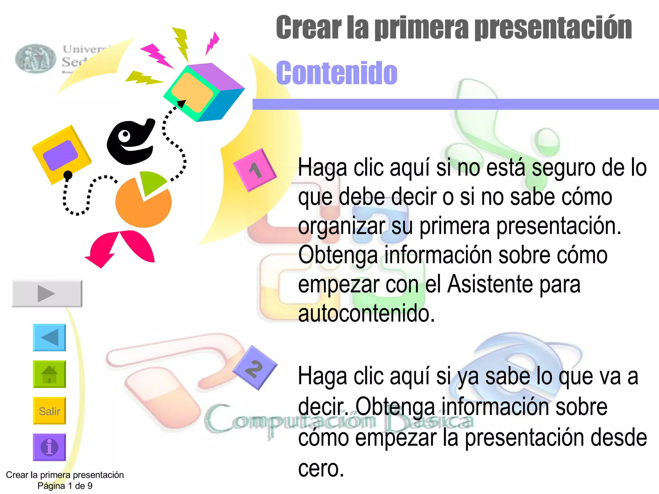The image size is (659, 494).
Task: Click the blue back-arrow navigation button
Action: [49, 337]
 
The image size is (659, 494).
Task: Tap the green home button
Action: [49, 374]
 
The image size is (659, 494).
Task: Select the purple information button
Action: [49, 447]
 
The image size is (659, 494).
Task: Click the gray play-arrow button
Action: [47, 293]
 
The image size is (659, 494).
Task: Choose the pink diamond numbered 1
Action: [255, 170]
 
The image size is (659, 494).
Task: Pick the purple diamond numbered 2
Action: [255, 368]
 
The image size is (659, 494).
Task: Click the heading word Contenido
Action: [337, 73]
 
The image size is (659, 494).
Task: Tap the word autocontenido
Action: [366, 313]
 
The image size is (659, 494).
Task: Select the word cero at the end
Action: [321, 468]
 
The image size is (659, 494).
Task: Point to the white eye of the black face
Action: [125, 136]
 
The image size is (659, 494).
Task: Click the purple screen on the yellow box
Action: [60, 155]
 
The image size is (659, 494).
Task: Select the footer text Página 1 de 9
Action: [65, 486]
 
